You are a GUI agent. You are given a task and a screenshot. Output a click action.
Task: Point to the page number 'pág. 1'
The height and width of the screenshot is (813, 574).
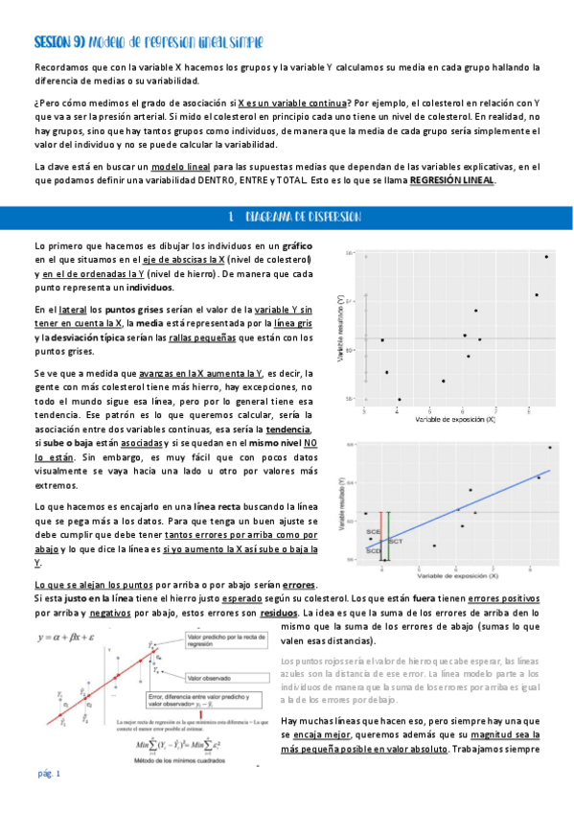(48, 774)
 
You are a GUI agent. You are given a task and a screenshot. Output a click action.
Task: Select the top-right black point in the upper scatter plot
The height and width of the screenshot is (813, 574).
(546, 256)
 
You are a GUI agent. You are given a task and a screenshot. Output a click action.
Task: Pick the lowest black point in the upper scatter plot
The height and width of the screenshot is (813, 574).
(399, 399)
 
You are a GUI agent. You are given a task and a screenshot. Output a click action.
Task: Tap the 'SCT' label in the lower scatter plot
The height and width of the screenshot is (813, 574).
(396, 543)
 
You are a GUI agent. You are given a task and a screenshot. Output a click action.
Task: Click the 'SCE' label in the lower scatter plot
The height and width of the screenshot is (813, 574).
(373, 531)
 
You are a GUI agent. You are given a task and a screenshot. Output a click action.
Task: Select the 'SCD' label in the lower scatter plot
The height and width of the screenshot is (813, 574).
(373, 550)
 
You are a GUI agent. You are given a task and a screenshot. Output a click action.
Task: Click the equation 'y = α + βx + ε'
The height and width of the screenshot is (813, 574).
(71, 637)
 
